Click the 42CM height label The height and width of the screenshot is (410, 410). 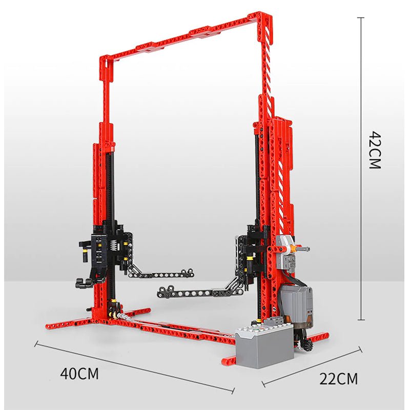375,150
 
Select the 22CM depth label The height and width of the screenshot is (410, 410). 339,379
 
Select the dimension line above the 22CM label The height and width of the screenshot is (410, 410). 313,366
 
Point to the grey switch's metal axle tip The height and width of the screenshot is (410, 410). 306,249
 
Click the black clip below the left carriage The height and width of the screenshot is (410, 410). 82,281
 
